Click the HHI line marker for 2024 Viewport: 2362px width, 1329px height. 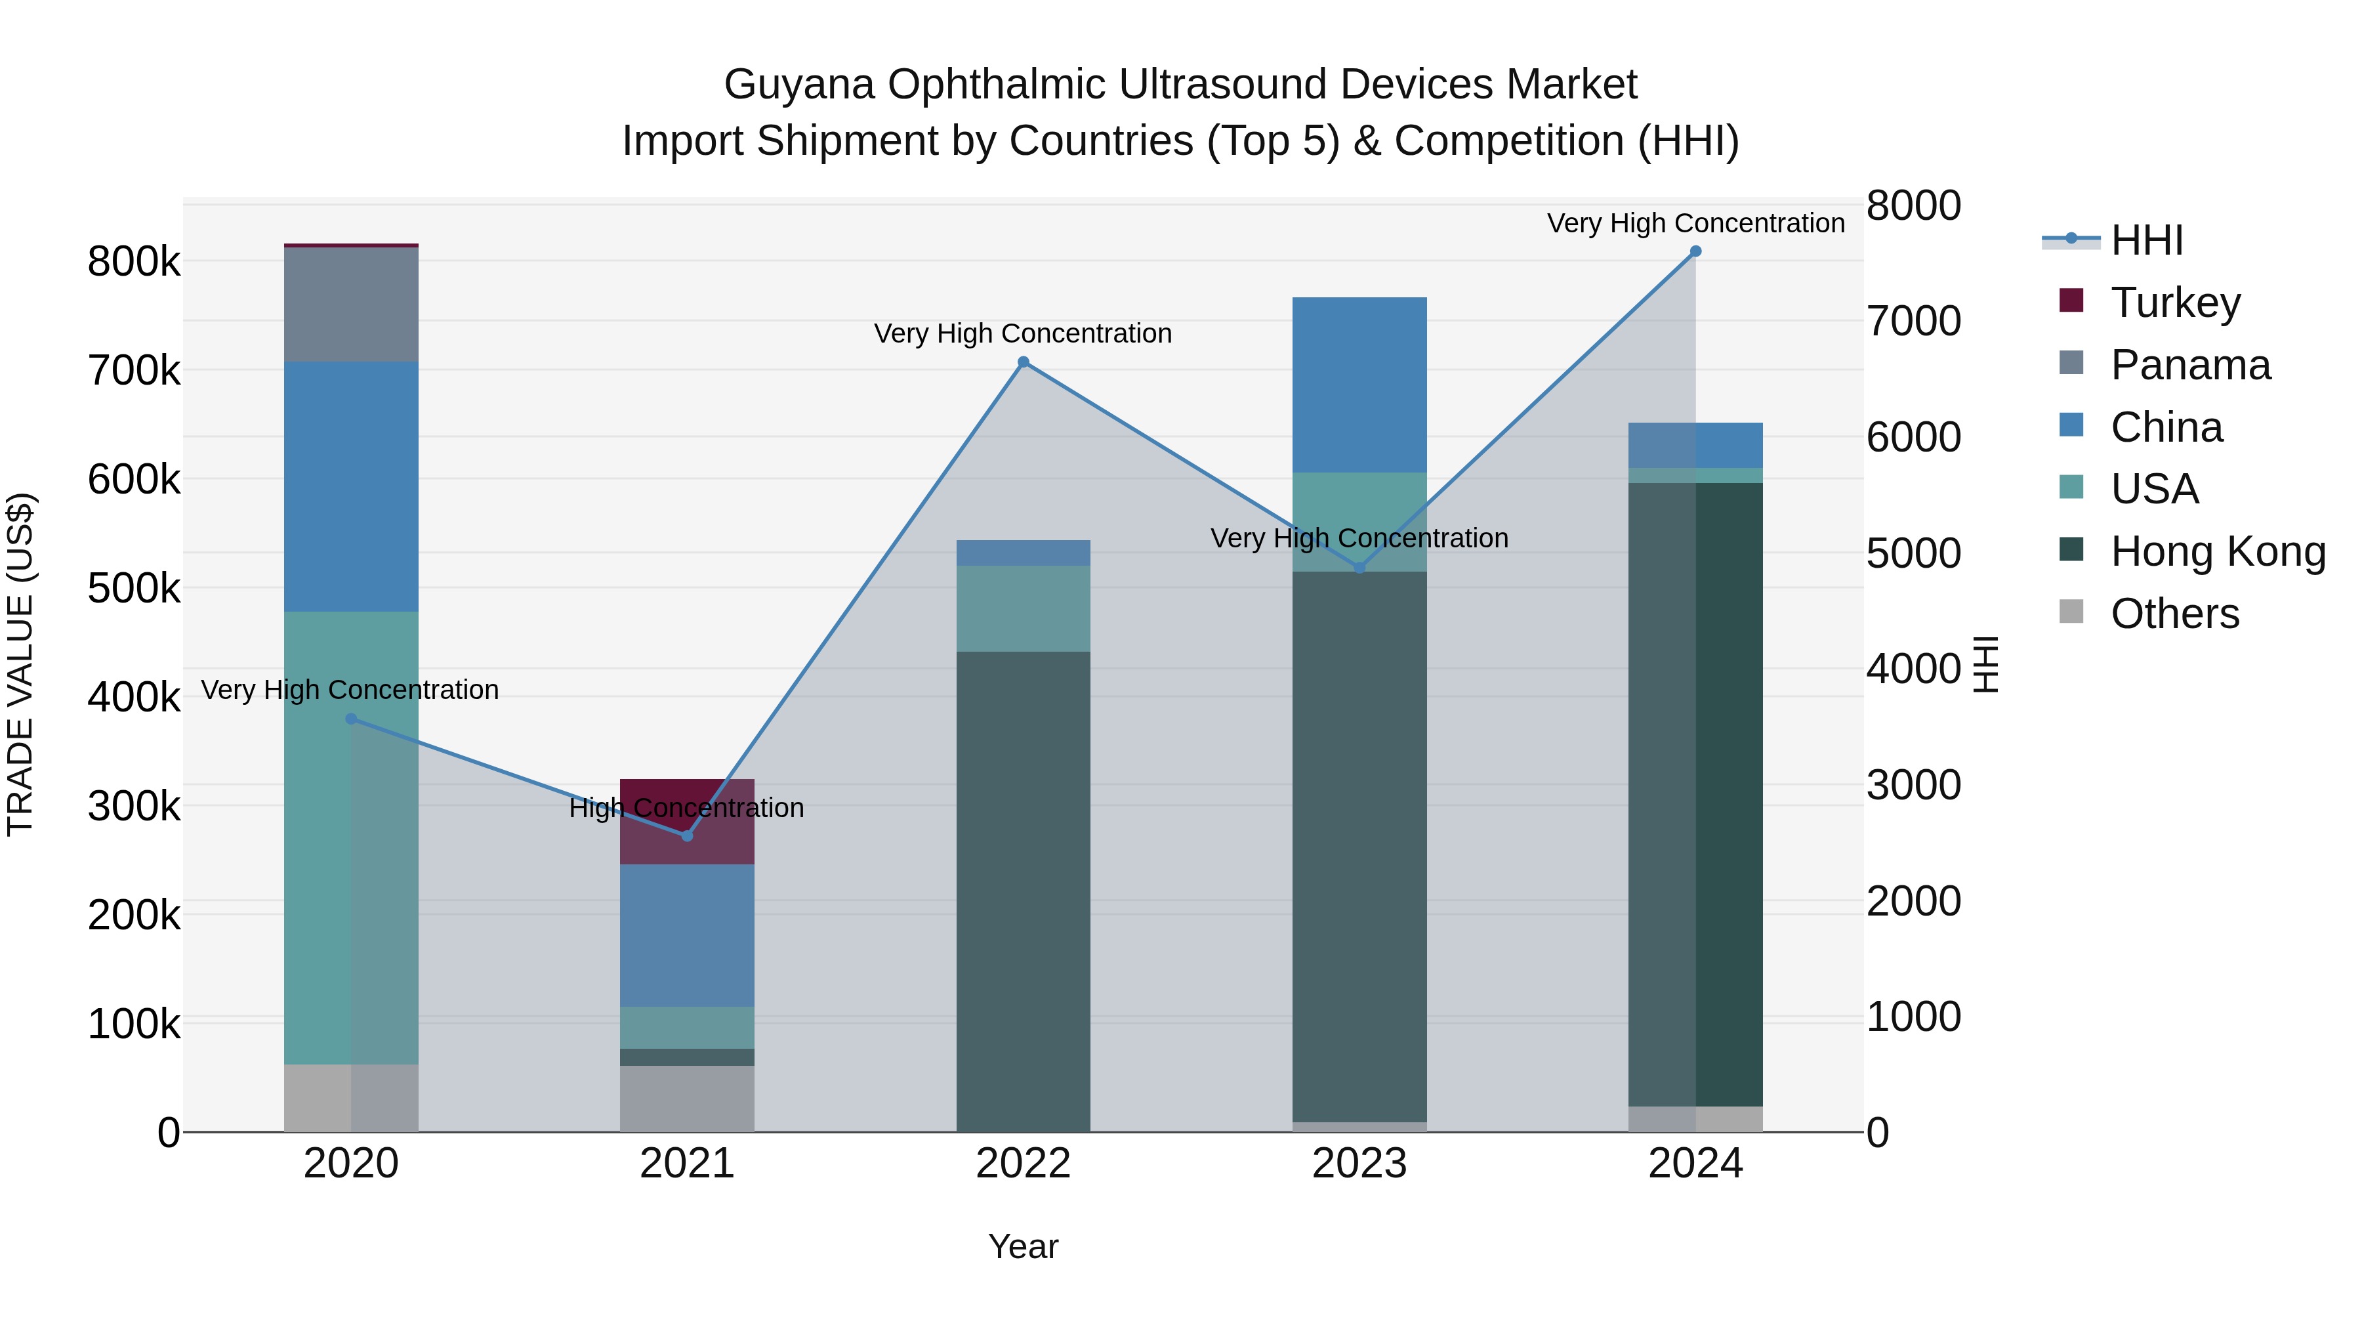[x=1695, y=251]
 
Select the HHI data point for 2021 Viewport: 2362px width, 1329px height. [x=687, y=835]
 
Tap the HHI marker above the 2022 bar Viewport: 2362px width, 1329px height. [x=1024, y=362]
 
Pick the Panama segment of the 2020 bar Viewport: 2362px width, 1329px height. [x=351, y=304]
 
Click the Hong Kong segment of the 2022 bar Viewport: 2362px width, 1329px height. [x=1024, y=890]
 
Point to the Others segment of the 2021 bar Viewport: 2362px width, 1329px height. [x=687, y=1098]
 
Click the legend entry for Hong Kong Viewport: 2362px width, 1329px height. [x=2217, y=552]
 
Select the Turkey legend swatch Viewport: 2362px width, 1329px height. [x=2071, y=301]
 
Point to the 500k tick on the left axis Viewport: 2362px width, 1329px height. [x=134, y=589]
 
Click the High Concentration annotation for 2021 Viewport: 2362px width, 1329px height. [x=687, y=808]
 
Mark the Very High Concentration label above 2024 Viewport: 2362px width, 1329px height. [x=1695, y=223]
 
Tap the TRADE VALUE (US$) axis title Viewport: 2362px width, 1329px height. [x=20, y=664]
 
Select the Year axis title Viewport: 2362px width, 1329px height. [x=1024, y=1246]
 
